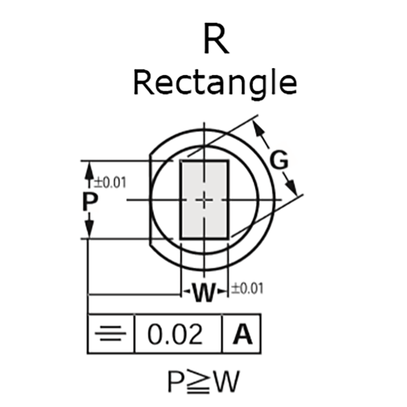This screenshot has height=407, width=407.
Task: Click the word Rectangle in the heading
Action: click(214, 83)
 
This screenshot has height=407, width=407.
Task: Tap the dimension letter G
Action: click(279, 161)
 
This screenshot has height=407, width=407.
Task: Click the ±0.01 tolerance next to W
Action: click(247, 289)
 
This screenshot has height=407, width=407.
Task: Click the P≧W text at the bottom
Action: click(204, 381)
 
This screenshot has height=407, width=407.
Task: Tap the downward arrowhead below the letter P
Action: click(89, 231)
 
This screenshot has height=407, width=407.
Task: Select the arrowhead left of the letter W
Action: click(186, 292)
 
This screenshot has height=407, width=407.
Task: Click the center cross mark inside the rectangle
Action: click(204, 200)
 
